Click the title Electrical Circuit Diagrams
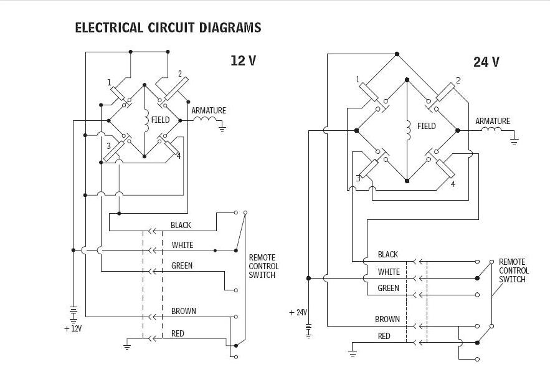[x=168, y=28]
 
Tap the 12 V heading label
[x=243, y=60]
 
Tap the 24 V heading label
[x=486, y=62]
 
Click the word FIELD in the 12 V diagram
[x=160, y=120]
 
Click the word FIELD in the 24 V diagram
[x=427, y=126]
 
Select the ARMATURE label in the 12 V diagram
[x=209, y=111]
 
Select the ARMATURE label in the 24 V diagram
[x=493, y=122]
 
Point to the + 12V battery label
[x=73, y=328]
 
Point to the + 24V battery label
[x=298, y=313]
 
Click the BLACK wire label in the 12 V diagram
[x=181, y=225]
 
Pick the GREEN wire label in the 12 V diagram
[x=181, y=266]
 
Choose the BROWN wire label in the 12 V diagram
[x=183, y=311]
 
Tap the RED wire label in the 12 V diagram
[x=178, y=334]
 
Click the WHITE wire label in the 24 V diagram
[x=389, y=272]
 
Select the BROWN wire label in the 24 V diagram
[x=387, y=319]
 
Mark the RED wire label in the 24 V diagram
[x=384, y=336]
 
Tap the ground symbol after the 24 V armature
[x=514, y=142]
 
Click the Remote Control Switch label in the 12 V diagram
[x=263, y=266]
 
